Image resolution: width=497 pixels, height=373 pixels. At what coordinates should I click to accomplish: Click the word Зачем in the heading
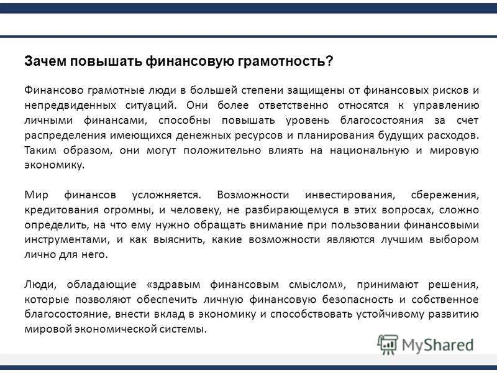tap(45, 61)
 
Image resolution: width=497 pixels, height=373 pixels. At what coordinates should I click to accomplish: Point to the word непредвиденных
tap(70, 105)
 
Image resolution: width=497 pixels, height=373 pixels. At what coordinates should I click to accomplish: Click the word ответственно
tap(293, 105)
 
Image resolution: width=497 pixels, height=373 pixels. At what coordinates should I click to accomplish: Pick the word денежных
tap(203, 136)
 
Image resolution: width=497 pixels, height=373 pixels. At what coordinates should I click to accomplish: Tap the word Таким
tap(40, 150)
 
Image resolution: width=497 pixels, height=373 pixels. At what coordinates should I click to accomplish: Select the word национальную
tap(369, 150)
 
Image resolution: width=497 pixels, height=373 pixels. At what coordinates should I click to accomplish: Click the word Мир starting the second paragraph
tap(36, 195)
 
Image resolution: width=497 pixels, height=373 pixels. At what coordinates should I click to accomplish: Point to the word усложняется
tap(166, 195)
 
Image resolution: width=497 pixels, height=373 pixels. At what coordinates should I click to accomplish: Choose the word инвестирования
tap(350, 195)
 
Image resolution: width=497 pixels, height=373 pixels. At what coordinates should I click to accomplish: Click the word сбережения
tap(445, 195)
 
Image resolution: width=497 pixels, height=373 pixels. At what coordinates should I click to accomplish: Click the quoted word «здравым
tap(173, 285)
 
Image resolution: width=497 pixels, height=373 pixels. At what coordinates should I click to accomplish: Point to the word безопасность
tap(358, 300)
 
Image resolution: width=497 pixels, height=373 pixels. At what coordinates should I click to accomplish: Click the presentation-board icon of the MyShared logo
tap(388, 344)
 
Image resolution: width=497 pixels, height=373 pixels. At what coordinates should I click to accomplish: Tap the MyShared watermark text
tap(438, 345)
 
